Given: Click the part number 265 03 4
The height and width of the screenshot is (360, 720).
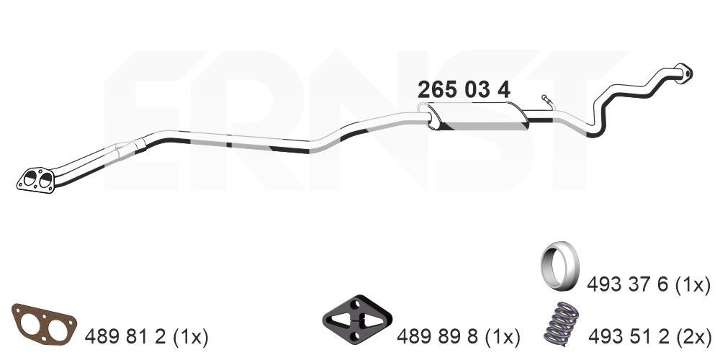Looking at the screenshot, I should pyautogui.click(x=464, y=90).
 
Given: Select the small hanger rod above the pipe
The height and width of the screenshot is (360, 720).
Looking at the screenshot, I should pyautogui.click(x=549, y=102).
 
